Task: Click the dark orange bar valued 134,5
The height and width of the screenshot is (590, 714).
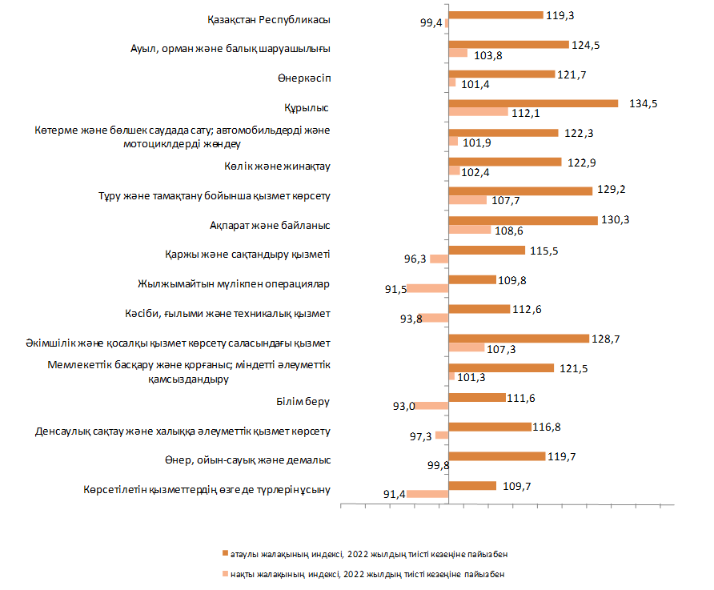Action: tap(533, 103)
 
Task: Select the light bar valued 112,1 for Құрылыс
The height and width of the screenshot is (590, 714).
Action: tap(479, 112)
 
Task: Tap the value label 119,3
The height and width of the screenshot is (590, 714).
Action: tap(563, 14)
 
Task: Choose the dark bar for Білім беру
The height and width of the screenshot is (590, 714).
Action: tap(477, 397)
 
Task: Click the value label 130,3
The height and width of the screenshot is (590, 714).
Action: tap(616, 220)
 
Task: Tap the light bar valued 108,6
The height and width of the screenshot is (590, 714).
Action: tap(470, 230)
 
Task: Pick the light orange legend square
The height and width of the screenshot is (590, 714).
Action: tap(225, 574)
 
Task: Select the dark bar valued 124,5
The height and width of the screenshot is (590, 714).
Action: tap(508, 44)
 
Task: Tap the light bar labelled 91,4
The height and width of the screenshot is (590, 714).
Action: tap(427, 494)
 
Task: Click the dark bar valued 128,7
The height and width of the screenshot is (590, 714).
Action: tap(519, 339)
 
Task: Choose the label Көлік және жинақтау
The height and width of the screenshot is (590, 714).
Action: tap(278, 167)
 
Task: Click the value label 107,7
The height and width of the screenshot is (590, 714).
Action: tap(506, 200)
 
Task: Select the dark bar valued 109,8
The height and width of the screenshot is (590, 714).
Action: tap(473, 279)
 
